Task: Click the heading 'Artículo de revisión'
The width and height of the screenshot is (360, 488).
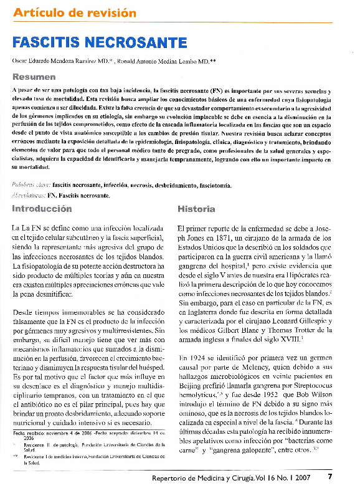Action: coord(75,12)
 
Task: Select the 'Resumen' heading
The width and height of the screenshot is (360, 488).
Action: coord(34,77)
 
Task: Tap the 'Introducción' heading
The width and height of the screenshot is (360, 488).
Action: coord(42,208)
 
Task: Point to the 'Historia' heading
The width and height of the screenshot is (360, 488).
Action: coord(196,208)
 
